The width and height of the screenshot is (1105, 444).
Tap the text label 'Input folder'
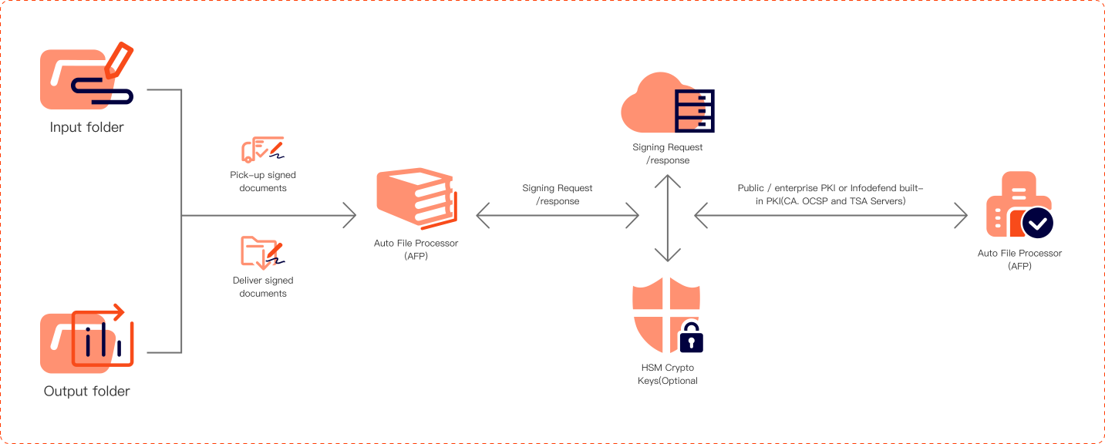(87, 127)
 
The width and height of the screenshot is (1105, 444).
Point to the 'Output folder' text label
(87, 391)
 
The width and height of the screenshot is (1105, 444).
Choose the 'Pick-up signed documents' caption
(263, 182)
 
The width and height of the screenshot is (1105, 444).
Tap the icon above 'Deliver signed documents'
(262, 251)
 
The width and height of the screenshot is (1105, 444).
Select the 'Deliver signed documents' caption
(263, 287)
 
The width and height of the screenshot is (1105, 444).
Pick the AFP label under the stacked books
(416, 250)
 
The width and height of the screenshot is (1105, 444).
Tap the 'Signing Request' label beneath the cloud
(668, 153)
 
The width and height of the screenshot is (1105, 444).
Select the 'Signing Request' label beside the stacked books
(558, 194)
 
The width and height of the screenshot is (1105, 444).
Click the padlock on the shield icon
(690, 336)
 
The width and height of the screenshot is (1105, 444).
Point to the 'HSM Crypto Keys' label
(668, 374)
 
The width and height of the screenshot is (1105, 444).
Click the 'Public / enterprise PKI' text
(830, 194)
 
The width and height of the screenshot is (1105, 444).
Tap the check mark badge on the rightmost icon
(1037, 223)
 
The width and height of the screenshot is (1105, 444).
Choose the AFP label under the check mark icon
(1019, 259)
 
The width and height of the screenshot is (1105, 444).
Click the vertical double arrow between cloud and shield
(668, 219)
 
